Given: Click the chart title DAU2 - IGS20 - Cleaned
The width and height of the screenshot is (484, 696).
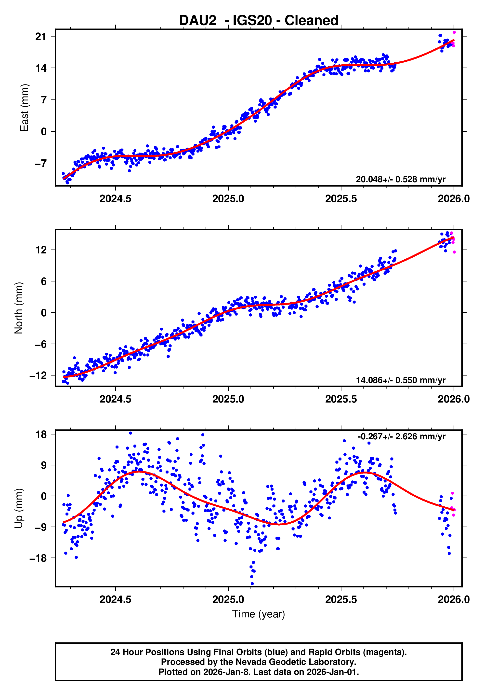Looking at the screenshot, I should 258,21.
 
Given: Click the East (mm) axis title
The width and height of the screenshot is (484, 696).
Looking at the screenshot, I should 24,108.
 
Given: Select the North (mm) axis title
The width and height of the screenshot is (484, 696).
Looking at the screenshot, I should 19,308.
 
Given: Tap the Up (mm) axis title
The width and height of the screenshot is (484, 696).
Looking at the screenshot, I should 19,508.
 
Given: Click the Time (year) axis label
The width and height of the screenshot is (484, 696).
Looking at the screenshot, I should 258,614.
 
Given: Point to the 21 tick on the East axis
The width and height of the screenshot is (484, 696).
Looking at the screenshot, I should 40,37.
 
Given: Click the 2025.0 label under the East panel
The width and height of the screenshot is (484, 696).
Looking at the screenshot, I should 228,199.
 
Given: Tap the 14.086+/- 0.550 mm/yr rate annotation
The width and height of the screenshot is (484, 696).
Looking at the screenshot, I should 400,380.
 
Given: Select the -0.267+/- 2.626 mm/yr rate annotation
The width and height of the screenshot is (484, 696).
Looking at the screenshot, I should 401,436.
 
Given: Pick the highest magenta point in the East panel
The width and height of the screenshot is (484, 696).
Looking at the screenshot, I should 454,32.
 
